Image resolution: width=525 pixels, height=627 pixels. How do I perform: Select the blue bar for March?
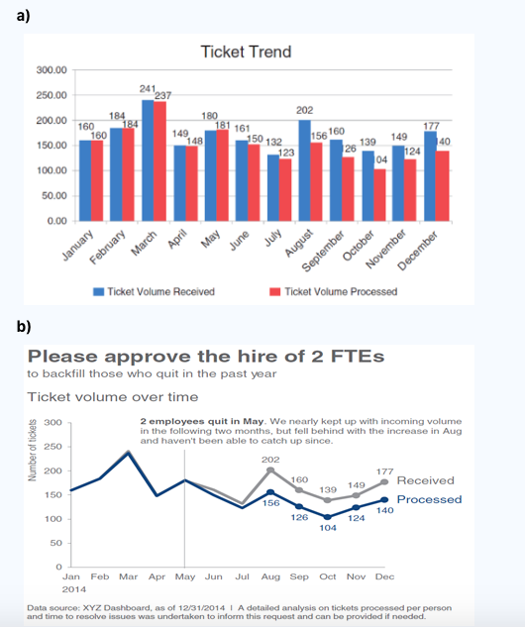coord(148,159)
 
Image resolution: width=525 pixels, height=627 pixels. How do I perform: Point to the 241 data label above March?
coord(147,89)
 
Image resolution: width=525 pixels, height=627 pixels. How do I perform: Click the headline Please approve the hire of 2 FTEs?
coord(206,356)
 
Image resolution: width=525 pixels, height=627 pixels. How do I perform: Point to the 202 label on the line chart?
coord(269,460)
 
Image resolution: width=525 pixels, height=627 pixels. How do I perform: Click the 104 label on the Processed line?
coord(328,528)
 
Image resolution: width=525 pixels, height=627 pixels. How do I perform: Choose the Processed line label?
coord(428,499)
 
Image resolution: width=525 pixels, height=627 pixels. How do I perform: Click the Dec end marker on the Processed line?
coord(384,499)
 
